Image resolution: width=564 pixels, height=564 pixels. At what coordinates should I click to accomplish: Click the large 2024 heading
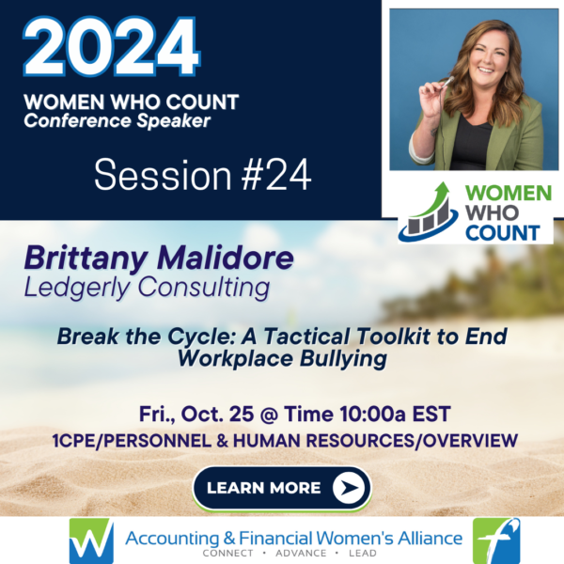click(112, 47)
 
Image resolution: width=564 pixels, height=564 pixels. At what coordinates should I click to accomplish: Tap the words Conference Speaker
click(117, 121)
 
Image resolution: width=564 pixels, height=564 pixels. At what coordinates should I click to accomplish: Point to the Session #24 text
click(202, 176)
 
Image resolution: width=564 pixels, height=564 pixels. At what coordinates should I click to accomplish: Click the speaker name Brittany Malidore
click(159, 258)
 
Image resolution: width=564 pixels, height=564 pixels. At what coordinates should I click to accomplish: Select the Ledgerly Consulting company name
click(147, 288)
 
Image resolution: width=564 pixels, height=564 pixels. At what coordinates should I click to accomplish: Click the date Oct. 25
click(217, 414)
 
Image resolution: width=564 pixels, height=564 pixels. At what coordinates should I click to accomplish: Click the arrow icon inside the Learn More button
click(349, 488)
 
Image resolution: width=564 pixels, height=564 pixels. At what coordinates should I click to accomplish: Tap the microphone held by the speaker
click(447, 82)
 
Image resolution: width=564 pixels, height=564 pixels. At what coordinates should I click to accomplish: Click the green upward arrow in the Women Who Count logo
click(431, 199)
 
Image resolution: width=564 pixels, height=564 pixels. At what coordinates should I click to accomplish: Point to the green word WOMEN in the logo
click(509, 194)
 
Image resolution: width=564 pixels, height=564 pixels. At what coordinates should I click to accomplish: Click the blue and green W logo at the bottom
click(91, 540)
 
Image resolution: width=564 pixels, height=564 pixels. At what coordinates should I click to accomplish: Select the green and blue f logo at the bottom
click(496, 540)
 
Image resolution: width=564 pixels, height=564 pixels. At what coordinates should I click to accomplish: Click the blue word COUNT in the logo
click(503, 233)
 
